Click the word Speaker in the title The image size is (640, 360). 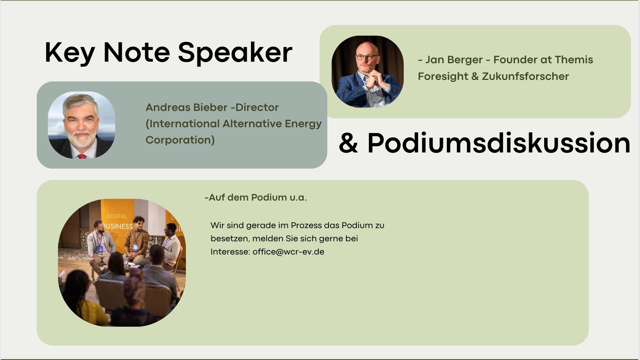pos(235,53)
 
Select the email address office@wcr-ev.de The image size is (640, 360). pos(288,252)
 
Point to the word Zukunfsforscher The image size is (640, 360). pos(526,76)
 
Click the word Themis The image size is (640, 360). pos(574,60)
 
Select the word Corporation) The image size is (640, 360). pos(180,140)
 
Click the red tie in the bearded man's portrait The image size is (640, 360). pos(82,156)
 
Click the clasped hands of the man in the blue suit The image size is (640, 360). pos(375,79)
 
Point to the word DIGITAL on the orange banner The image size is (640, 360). pos(117,216)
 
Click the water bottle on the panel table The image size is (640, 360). pos(126,262)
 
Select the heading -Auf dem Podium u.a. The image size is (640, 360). pos(256,197)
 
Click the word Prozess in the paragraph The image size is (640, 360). pos(306,225)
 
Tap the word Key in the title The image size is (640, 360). pos(70,53)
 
